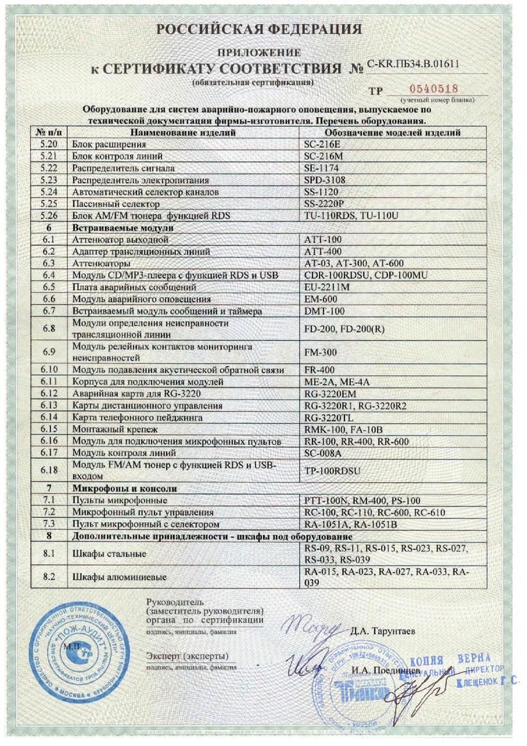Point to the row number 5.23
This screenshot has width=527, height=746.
click(x=49, y=180)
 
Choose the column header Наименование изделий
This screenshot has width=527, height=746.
click(x=183, y=133)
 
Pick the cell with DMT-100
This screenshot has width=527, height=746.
click(x=324, y=311)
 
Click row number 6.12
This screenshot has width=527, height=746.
click(x=49, y=394)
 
